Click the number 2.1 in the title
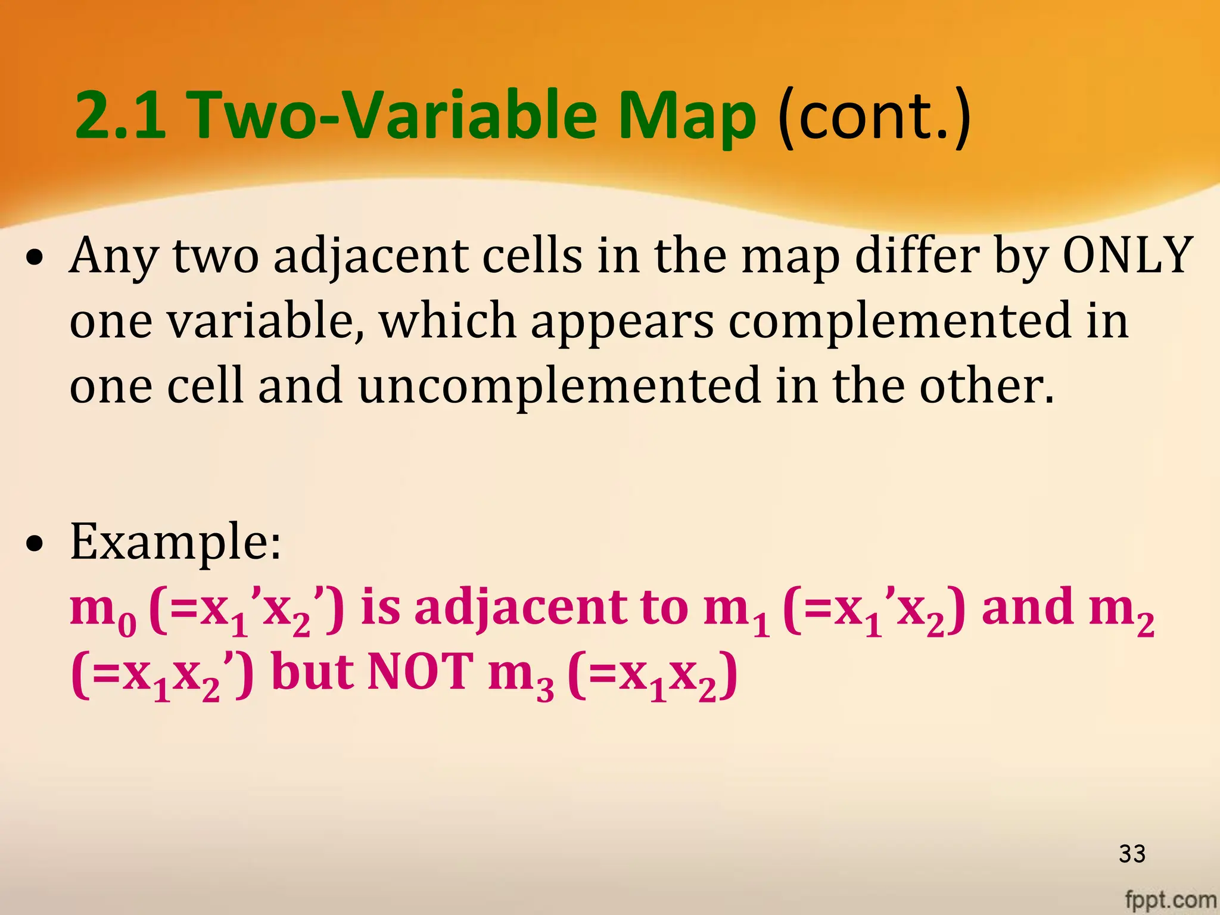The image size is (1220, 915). coord(120,114)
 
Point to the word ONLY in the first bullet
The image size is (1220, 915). coord(1128,256)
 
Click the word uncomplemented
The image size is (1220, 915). coord(559,386)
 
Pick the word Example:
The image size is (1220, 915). coord(175,541)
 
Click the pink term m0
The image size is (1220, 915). coord(103,611)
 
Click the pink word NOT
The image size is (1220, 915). coord(421,672)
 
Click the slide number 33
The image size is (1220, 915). coord(1132,854)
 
